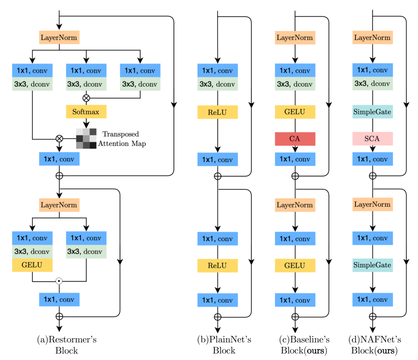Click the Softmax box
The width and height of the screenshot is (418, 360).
[86, 112]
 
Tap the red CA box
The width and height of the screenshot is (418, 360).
[295, 139]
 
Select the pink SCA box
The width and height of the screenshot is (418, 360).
[373, 139]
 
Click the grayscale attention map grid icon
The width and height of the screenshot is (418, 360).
[86, 138]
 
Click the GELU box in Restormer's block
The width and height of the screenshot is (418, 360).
[32, 265]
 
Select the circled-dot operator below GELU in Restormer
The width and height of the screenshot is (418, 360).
[59, 281]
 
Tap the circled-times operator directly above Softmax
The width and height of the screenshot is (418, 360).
[86, 98]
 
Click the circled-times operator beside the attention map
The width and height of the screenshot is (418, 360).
[59, 138]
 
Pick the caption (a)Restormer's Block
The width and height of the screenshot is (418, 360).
[67, 345]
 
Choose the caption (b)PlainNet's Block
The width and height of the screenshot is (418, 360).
[224, 345]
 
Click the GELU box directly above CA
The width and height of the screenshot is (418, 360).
[295, 112]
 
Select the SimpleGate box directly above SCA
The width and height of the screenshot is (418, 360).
[373, 112]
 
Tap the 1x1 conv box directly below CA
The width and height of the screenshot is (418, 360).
[295, 159]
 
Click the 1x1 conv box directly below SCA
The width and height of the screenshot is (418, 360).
[373, 159]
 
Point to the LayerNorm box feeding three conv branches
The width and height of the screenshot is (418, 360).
[59, 37]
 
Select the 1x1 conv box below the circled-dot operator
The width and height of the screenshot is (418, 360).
[59, 299]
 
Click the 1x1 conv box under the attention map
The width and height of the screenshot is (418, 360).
[59, 159]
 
